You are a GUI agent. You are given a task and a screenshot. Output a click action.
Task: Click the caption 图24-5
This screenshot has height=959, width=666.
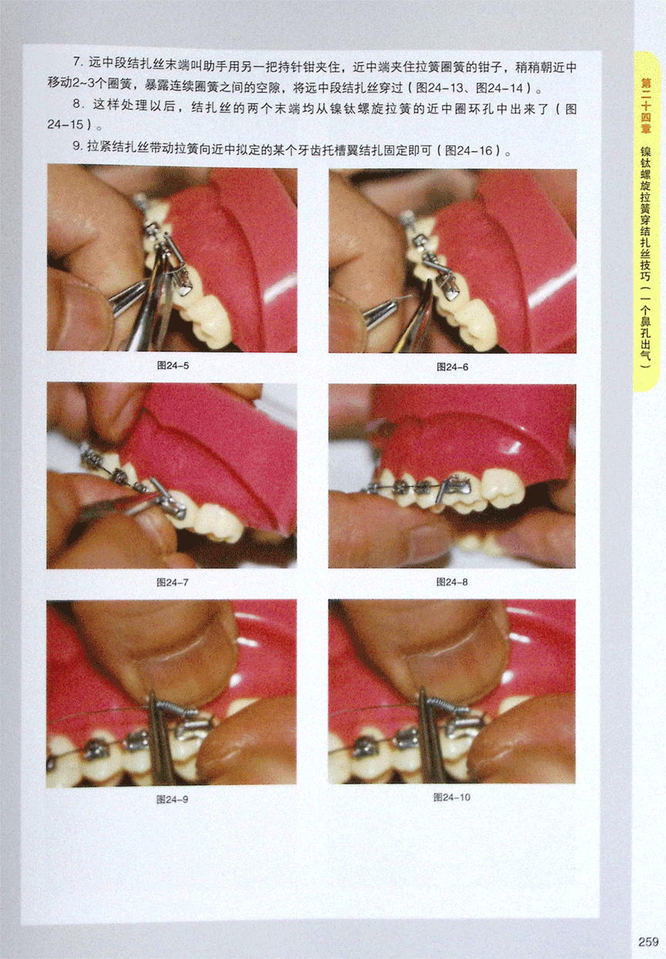coord(173,365)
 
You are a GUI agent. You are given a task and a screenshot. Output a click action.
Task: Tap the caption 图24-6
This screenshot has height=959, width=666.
coord(452,366)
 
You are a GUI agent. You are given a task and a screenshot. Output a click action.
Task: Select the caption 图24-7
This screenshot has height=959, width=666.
coord(172,582)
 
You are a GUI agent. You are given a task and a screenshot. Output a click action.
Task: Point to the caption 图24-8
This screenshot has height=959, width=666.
coord(452,582)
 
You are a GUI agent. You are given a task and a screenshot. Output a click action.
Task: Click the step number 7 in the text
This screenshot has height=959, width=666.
coord(76,62)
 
